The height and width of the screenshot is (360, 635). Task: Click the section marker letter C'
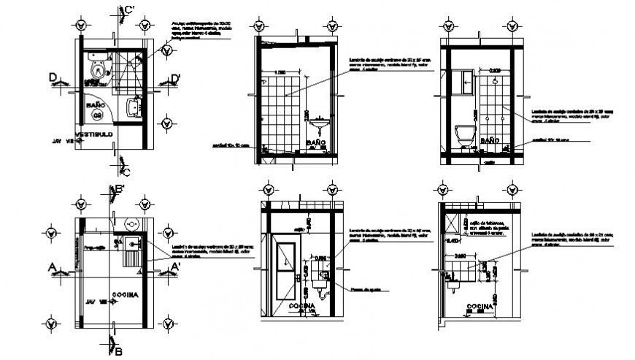[129, 9]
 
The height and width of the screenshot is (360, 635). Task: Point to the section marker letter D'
[176, 78]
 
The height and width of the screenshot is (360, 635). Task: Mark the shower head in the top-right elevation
[495, 81]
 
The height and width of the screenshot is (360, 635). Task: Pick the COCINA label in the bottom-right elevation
[478, 306]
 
